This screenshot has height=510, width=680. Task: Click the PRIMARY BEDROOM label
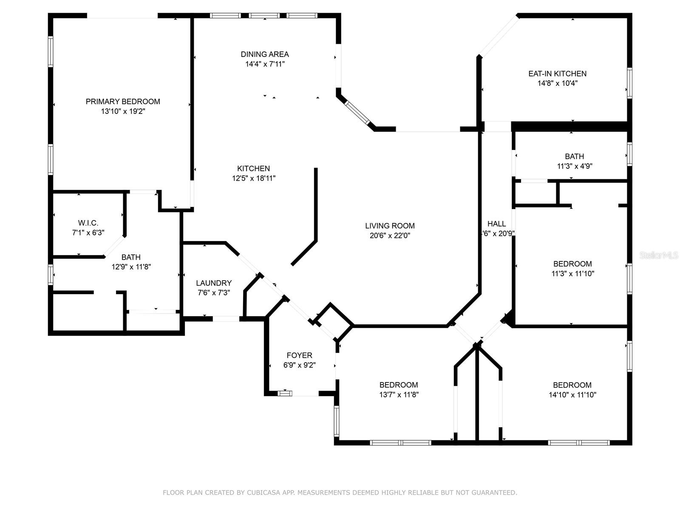click(123, 102)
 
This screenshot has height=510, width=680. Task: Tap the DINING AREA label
click(265, 54)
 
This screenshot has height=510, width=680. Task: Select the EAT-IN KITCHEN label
click(557, 74)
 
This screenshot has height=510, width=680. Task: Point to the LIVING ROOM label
click(390, 226)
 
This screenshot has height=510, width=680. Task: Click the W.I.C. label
click(88, 223)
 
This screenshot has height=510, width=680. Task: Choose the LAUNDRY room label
click(214, 283)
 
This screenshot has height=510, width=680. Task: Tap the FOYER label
click(299, 355)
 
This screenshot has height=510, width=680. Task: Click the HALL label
click(496, 224)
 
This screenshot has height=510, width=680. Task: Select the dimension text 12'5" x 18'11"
click(254, 178)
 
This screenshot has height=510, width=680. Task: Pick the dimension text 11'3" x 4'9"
click(575, 166)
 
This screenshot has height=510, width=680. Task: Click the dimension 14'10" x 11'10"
click(572, 395)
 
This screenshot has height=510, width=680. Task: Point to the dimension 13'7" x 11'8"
click(399, 395)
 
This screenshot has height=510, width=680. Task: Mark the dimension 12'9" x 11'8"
click(131, 267)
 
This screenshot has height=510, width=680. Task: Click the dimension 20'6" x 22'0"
click(390, 235)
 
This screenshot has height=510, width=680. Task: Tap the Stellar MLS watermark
click(659, 255)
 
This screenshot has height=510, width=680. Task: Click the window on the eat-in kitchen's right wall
click(629, 83)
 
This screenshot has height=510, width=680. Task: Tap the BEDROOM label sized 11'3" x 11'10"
click(572, 264)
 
